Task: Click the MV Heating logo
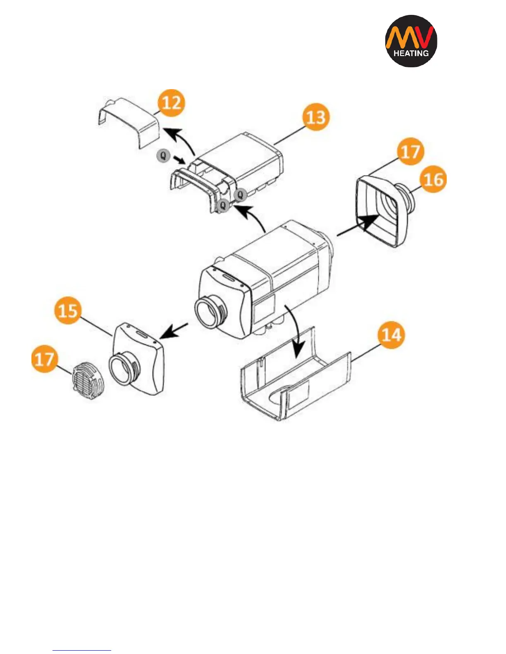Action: tap(411, 41)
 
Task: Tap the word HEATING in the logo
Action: tap(411, 53)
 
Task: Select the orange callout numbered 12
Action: tap(171, 102)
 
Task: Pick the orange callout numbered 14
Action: tap(391, 335)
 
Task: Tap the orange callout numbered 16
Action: tap(433, 180)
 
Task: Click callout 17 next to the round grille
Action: tap(45, 359)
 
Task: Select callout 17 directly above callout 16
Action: tap(411, 152)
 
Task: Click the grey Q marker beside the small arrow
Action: tap(164, 156)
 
